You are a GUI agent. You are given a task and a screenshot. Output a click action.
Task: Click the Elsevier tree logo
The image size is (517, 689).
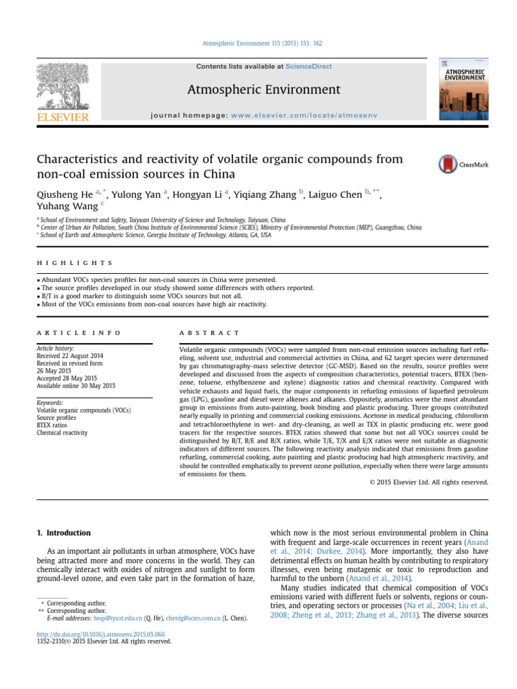click(x=63, y=85)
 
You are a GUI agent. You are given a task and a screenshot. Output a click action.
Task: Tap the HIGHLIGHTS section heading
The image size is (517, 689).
click(x=75, y=263)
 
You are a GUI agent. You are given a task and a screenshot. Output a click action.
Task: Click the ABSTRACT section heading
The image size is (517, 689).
click(x=209, y=333)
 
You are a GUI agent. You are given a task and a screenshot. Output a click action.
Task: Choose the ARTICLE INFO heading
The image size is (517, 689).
click(x=79, y=333)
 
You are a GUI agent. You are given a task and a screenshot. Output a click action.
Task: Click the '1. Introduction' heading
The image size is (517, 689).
click(x=63, y=533)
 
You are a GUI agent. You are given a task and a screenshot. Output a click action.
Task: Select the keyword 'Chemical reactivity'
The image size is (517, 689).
click(x=62, y=433)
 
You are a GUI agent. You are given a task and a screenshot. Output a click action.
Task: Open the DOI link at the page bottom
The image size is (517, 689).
click(x=100, y=634)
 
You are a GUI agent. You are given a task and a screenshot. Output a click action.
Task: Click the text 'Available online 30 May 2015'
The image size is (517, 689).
click(x=76, y=386)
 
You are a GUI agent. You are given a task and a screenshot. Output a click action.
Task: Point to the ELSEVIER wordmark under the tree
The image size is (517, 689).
click(x=63, y=117)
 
